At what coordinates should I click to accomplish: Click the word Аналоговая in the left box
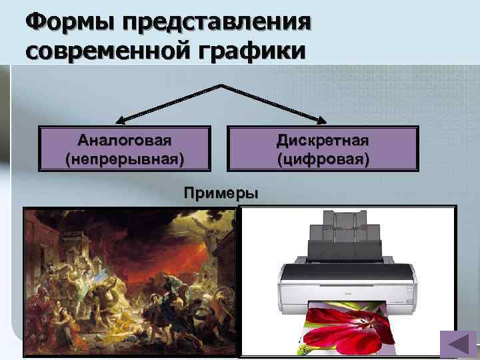click(x=124, y=141)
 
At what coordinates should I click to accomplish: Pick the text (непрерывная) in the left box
click(x=124, y=160)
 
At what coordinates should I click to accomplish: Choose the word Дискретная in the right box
click(x=323, y=141)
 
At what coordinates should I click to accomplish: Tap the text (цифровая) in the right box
click(x=323, y=160)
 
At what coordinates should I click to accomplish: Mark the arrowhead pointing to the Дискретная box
click(x=323, y=121)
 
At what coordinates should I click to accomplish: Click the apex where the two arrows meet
click(x=221, y=85)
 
